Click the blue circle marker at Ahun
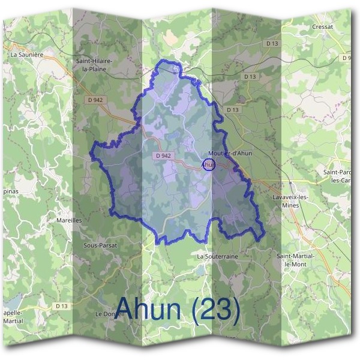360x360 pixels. [x=208, y=164]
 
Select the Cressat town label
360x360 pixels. [x=322, y=27]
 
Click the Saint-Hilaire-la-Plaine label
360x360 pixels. [x=96, y=65]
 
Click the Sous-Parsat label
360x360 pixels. [x=100, y=246]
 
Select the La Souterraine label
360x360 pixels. [x=217, y=256]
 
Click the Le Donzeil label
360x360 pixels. [x=109, y=314]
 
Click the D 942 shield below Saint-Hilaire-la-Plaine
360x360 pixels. [x=94, y=100]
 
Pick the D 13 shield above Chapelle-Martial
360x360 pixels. [x=62, y=305]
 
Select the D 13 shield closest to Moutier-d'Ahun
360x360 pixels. [x=233, y=110]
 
